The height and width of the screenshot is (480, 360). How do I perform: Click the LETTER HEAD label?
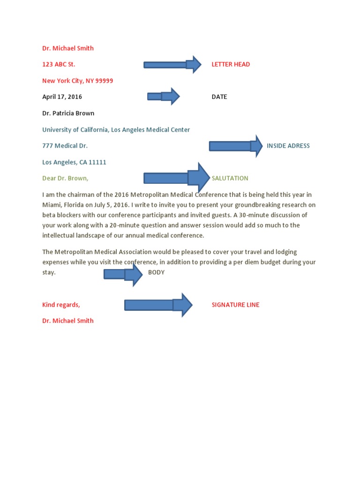[x=231, y=64]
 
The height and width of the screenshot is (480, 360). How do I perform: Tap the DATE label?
[x=219, y=97]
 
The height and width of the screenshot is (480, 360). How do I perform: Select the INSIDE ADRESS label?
[x=288, y=146]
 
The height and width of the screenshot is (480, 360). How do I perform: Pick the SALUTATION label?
[x=230, y=178]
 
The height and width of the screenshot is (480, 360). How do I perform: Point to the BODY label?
[x=156, y=272]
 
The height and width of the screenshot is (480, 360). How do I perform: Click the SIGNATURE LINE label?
[x=235, y=305]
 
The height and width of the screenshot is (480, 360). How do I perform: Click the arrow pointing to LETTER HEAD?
[x=172, y=64]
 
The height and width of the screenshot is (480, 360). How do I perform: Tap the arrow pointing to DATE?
[x=164, y=96]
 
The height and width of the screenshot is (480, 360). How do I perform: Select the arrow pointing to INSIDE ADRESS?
[x=235, y=146]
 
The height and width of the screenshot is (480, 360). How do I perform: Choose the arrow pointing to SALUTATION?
[x=177, y=178]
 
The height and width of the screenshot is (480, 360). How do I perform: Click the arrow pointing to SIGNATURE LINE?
[x=158, y=305]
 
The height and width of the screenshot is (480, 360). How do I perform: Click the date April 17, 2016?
[x=62, y=97]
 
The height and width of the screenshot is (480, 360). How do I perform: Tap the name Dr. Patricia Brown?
[x=68, y=113]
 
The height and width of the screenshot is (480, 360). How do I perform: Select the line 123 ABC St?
[x=59, y=64]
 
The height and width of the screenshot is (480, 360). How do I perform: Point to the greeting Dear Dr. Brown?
[x=65, y=178]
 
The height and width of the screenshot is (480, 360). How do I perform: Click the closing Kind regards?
[x=61, y=305]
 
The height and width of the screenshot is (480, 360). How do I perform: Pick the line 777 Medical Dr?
[x=65, y=146]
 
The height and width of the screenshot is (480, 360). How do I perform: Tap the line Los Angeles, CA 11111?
[x=74, y=162]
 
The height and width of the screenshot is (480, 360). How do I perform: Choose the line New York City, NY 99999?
[x=77, y=81]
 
